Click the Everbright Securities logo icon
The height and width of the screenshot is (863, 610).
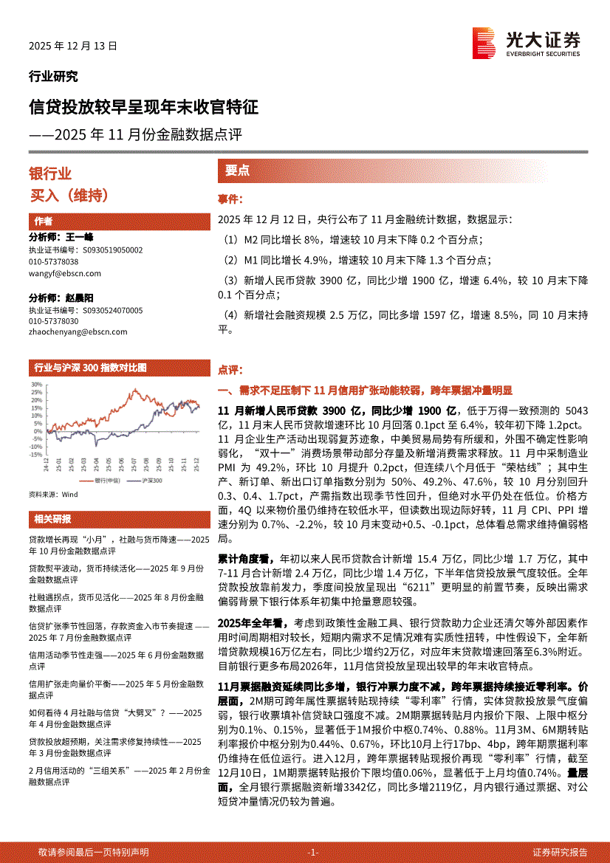pyautogui.click(x=484, y=43)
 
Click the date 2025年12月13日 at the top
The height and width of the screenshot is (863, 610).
pyautogui.click(x=73, y=46)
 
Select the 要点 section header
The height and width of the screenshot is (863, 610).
pyautogui.click(x=237, y=171)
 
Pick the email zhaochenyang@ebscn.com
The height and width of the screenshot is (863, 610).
pyautogui.click(x=78, y=332)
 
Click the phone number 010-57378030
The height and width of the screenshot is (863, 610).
pyautogui.click(x=53, y=322)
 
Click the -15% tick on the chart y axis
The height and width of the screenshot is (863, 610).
pyautogui.click(x=36, y=455)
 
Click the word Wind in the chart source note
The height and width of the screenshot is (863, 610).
pyautogui.click(x=69, y=493)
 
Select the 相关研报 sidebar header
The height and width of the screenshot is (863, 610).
pyautogui.click(x=53, y=518)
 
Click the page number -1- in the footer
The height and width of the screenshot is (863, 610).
pyautogui.click(x=312, y=853)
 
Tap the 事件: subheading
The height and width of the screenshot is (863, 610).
pyautogui.click(x=230, y=199)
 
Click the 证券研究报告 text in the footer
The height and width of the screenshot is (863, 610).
pyautogui.click(x=560, y=853)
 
